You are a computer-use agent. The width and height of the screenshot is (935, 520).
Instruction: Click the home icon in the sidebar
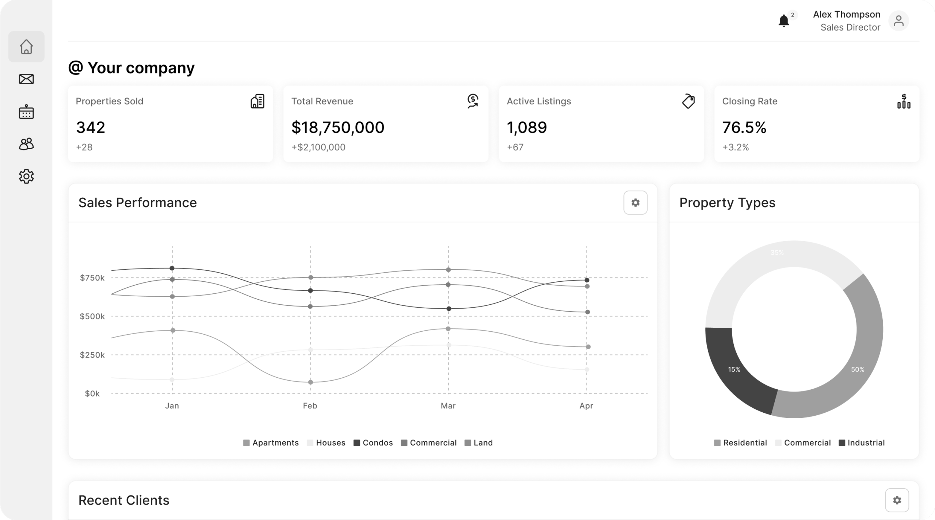click(26, 47)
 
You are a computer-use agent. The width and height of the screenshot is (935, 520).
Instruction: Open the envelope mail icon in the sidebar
click(26, 79)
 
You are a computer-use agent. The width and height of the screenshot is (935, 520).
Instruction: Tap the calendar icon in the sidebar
click(26, 112)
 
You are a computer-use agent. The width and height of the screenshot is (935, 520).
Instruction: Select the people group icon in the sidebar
click(26, 144)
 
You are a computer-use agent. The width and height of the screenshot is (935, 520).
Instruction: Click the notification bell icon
click(783, 21)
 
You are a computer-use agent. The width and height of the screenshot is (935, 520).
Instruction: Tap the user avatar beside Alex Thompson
click(898, 21)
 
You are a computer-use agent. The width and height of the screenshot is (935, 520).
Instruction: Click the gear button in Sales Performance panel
click(635, 203)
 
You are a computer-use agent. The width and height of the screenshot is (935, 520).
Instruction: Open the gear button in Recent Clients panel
click(897, 500)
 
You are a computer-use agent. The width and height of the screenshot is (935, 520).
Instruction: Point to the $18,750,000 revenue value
click(337, 127)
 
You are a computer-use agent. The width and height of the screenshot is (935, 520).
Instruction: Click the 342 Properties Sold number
click(91, 127)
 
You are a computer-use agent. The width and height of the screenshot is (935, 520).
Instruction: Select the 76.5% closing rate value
click(744, 127)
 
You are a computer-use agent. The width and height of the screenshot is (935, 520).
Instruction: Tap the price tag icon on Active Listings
click(688, 101)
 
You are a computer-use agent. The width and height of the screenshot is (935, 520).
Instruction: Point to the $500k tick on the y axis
click(92, 316)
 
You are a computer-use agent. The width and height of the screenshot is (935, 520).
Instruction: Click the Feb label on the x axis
click(310, 406)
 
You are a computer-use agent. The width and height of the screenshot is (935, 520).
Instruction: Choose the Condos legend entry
click(373, 443)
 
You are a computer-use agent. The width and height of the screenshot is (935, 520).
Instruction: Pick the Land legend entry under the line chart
click(479, 443)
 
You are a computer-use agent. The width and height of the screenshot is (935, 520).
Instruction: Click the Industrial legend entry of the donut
click(862, 443)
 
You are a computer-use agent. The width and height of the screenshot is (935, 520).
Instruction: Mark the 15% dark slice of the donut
click(734, 370)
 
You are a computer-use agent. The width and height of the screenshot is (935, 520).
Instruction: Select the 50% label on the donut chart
click(858, 370)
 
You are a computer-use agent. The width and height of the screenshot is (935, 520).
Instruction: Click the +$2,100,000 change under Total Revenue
click(318, 147)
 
